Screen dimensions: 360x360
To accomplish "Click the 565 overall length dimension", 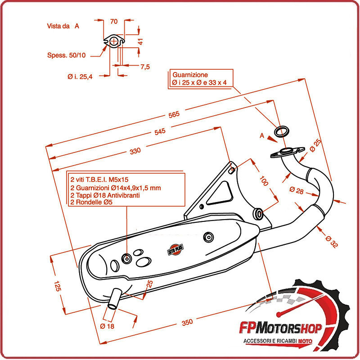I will [x=174, y=114].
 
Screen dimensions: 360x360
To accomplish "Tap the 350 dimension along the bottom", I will [x=187, y=322].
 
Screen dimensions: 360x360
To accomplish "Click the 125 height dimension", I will [x=57, y=286].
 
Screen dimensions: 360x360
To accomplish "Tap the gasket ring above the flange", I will [x=282, y=131].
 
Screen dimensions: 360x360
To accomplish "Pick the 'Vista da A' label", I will [x=63, y=26].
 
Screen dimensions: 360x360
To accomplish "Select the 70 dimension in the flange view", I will [x=113, y=21].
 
